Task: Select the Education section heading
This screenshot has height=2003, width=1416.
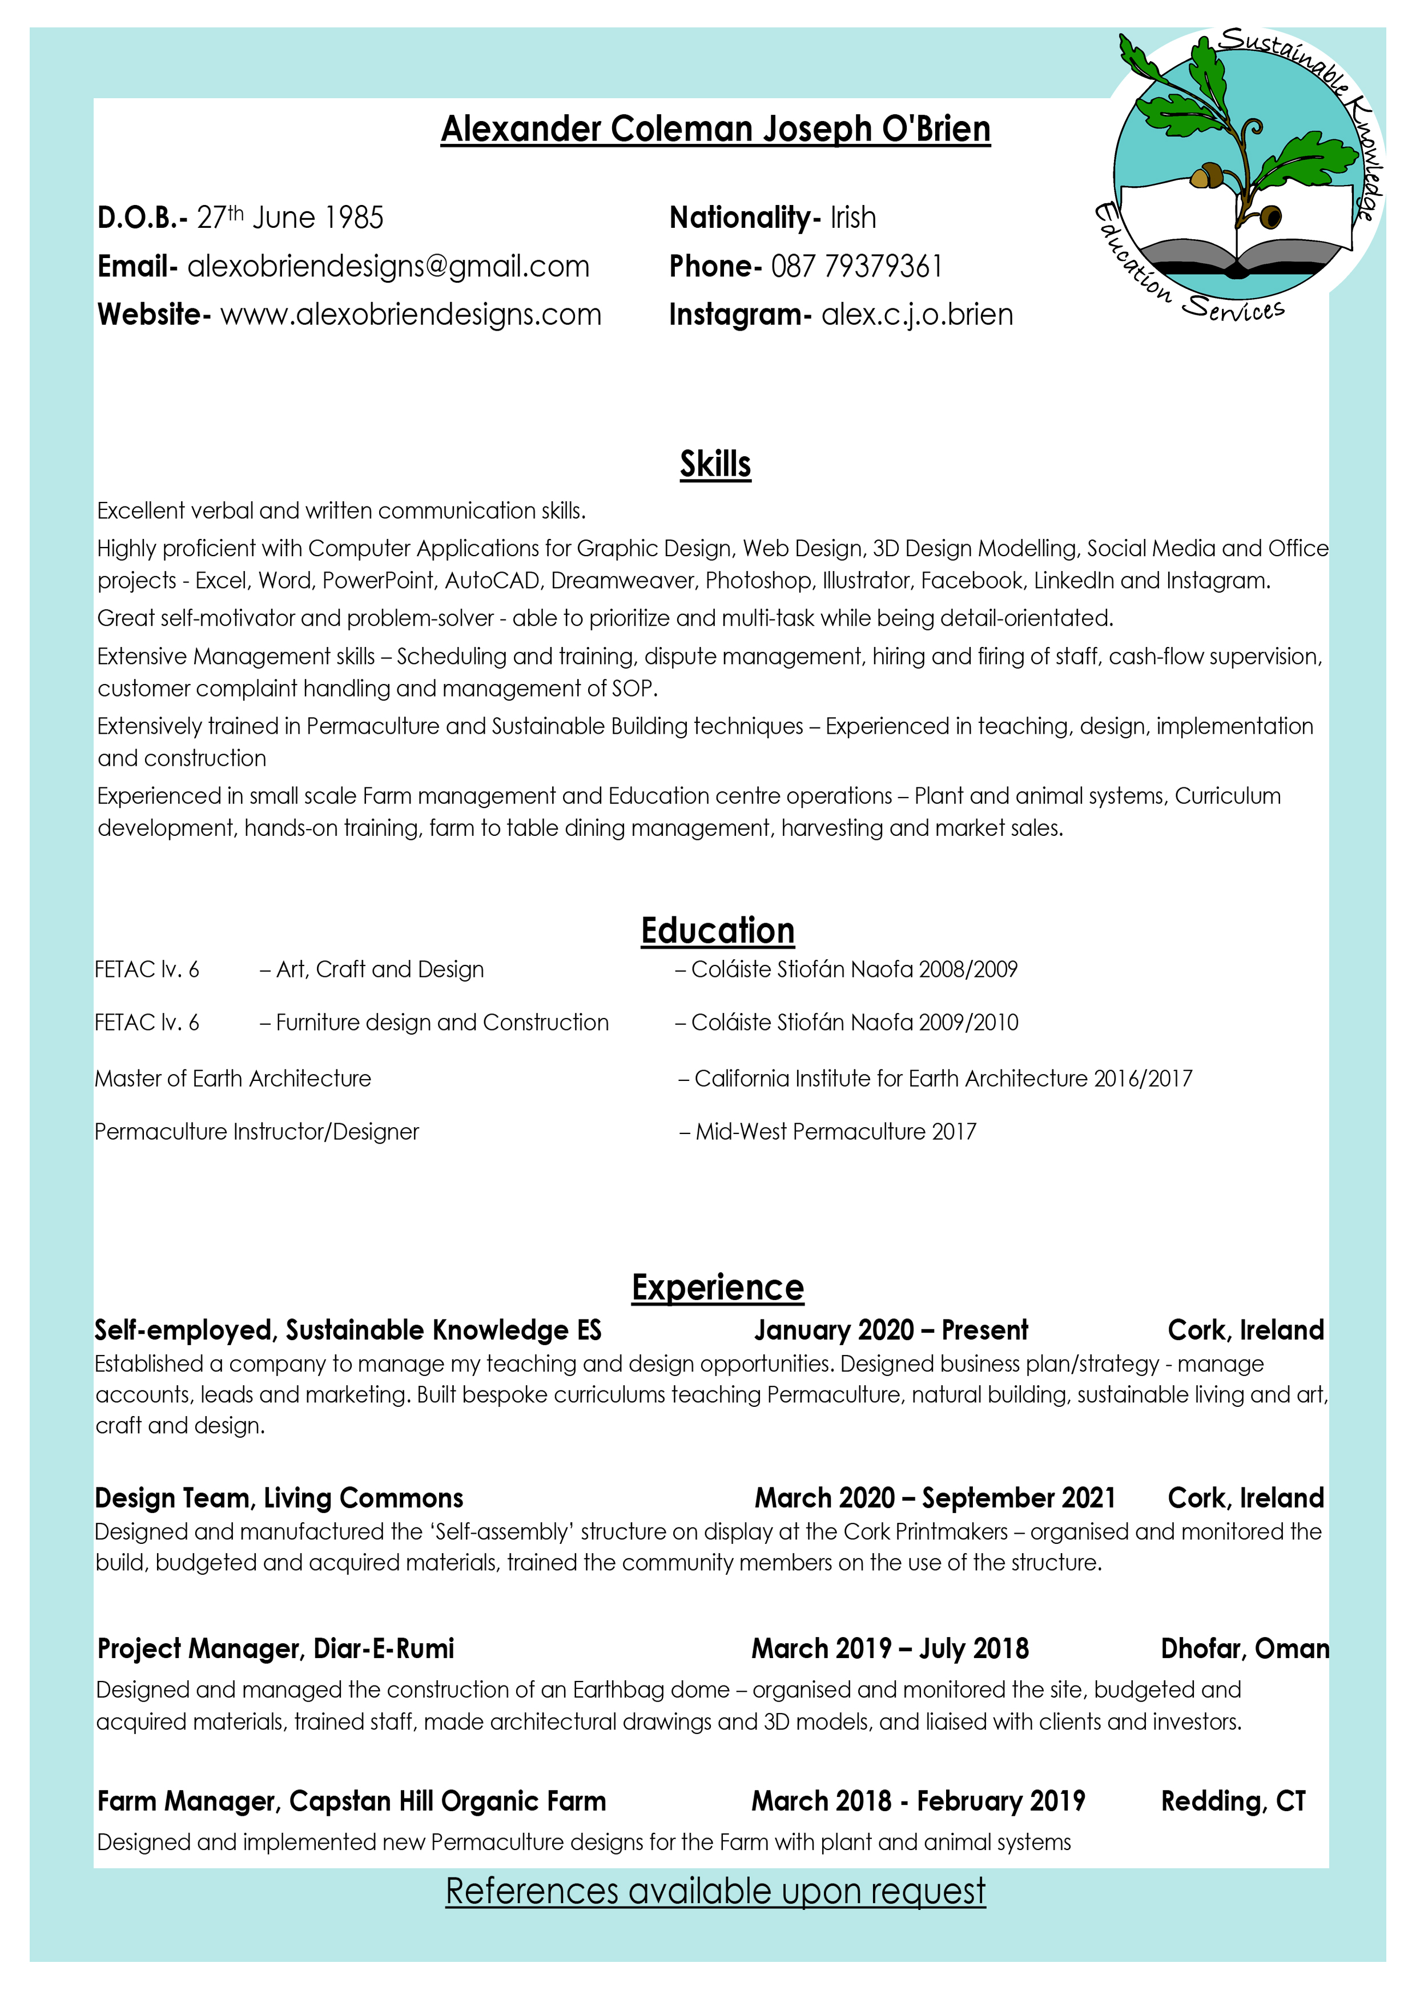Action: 717,931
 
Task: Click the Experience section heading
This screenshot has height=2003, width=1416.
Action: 717,1288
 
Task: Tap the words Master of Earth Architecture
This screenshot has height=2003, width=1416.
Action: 233,1079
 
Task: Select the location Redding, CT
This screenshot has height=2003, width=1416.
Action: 1232,1801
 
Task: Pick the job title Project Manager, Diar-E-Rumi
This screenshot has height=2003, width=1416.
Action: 276,1649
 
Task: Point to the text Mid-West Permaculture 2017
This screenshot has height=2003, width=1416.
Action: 835,1132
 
